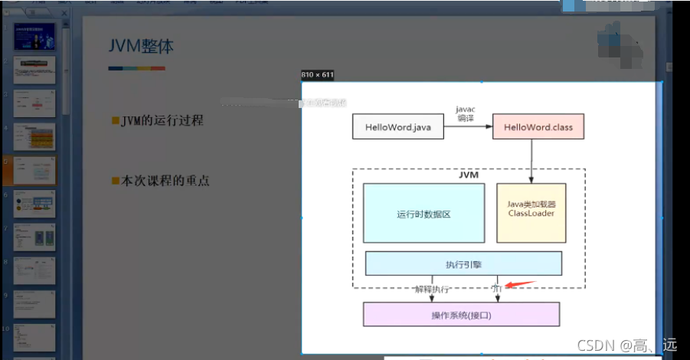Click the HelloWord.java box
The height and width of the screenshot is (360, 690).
pos(397,127)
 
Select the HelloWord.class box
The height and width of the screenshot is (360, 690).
pos(538,127)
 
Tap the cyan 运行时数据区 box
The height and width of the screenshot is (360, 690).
pos(423,214)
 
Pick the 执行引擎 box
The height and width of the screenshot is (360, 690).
pos(463,264)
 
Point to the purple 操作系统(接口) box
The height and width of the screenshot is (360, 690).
pos(460,315)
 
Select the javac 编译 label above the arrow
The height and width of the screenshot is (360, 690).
pos(466,113)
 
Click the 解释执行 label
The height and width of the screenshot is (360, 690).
pos(432,290)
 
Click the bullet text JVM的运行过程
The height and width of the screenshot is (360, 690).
pos(162,120)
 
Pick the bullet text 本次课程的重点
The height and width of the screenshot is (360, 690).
pos(165,182)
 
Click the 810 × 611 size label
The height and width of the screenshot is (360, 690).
pos(318,75)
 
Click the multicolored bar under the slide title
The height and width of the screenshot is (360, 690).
pos(136,68)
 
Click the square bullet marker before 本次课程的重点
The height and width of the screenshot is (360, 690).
pos(116,182)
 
